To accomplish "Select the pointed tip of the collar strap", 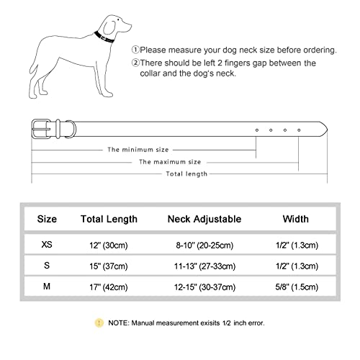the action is coord(325,130).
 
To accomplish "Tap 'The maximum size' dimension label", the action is coord(170,162).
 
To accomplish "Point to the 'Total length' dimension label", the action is coord(186,174).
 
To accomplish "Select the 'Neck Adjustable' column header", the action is coord(204,219).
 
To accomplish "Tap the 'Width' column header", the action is coord(295,219).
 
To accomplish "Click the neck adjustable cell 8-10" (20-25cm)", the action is coord(204,245).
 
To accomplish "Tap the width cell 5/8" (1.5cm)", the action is coord(295,287).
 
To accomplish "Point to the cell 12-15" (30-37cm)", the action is coord(204,287).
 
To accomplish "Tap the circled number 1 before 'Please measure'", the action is coord(135,50).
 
